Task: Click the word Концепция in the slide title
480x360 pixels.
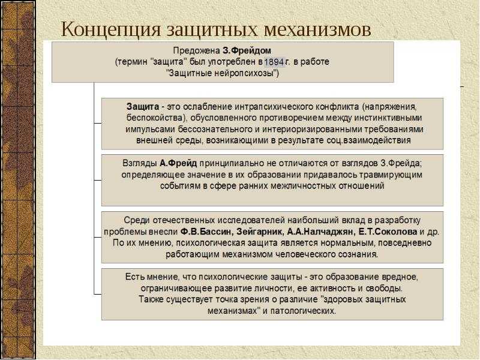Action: (x=111, y=30)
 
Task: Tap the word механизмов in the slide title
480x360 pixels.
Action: (x=317, y=30)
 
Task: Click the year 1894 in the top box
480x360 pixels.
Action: (x=275, y=62)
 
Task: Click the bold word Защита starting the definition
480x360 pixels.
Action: (x=143, y=107)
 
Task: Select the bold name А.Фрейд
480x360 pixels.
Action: (x=178, y=163)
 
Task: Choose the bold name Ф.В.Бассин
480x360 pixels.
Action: (x=206, y=232)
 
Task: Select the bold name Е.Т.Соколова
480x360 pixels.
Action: (x=388, y=232)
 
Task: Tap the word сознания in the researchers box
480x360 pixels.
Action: (x=358, y=254)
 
